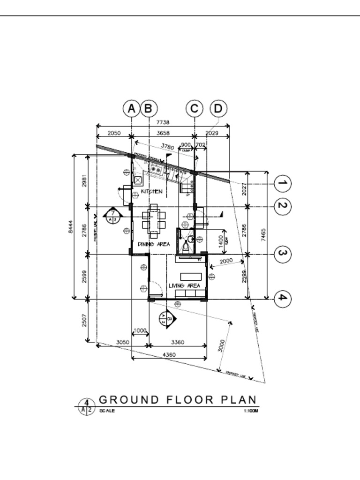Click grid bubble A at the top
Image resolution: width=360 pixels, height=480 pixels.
click(x=132, y=109)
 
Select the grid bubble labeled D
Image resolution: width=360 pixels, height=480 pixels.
click(x=218, y=109)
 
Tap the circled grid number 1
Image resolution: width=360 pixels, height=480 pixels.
click(x=282, y=183)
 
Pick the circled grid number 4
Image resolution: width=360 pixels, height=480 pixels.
click(x=282, y=298)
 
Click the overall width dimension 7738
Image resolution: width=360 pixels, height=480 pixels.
click(x=163, y=122)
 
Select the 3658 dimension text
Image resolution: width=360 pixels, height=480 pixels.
click(x=163, y=133)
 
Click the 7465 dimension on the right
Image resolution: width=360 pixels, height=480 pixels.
click(x=263, y=233)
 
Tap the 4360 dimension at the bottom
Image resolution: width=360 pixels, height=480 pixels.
click(x=169, y=355)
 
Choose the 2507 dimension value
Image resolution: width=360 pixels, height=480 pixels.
click(x=85, y=321)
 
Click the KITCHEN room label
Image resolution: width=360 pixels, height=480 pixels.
click(x=152, y=191)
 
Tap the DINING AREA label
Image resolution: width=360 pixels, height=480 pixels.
click(x=154, y=244)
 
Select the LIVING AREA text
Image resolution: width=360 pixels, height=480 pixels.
click(x=184, y=285)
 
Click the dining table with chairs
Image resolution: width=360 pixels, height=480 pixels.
click(x=154, y=220)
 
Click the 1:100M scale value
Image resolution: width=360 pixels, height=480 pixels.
click(x=251, y=411)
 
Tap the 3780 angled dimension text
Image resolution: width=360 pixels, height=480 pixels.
click(x=167, y=147)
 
